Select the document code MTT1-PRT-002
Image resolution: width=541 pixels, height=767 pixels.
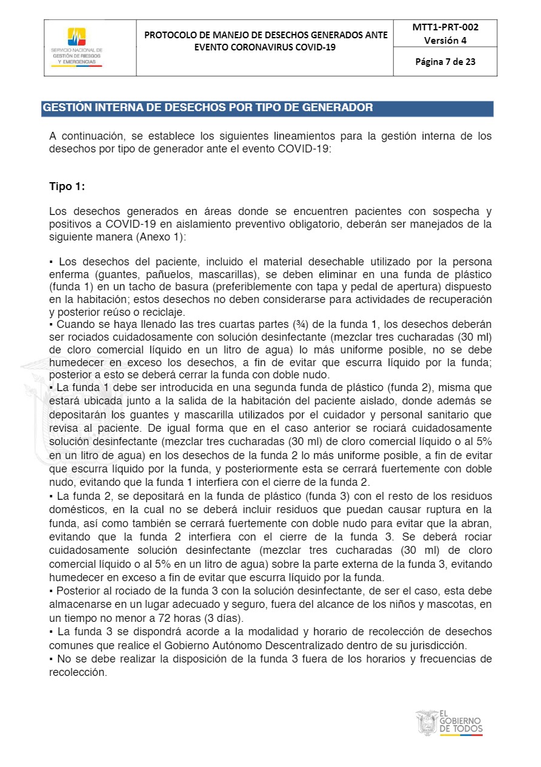[445, 27]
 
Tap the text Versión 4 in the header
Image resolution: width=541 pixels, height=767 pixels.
[445, 41]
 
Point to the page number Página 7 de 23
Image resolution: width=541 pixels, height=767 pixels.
[445, 61]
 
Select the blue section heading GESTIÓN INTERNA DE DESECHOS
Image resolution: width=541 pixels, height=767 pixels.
[207, 108]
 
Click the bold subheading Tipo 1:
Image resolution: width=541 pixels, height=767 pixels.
[67, 187]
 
